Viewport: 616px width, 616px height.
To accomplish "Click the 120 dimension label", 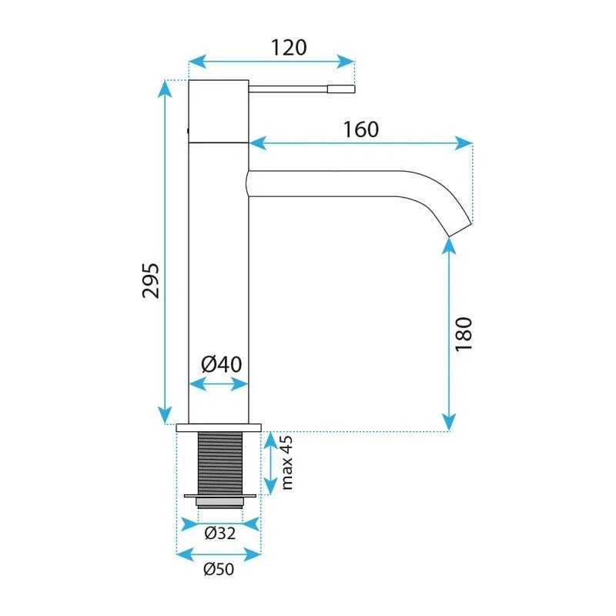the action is [289, 48].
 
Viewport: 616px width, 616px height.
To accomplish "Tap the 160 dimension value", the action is [361, 129].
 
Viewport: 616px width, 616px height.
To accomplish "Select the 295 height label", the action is [151, 281].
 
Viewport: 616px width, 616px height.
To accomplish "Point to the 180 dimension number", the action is [464, 333].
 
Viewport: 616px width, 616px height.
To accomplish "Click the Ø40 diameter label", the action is [222, 364].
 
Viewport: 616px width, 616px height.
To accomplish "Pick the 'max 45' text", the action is [287, 463].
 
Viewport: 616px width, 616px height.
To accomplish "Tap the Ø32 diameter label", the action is [220, 533].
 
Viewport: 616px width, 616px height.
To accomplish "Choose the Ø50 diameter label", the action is [219, 569].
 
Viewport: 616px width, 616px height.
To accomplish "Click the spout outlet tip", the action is [460, 230].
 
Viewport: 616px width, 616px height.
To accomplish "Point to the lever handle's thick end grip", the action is [341, 89].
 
